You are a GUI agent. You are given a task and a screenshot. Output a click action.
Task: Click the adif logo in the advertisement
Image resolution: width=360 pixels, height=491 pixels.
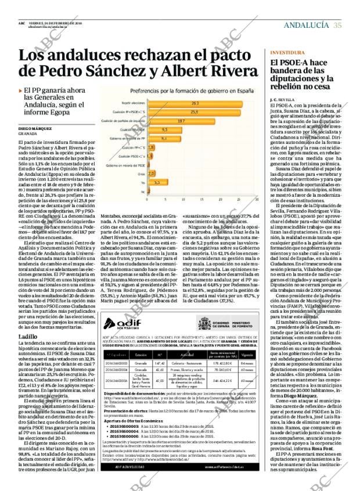pos(120,324)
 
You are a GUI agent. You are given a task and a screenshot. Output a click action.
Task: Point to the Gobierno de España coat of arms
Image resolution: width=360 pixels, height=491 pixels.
pos(204,323)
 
